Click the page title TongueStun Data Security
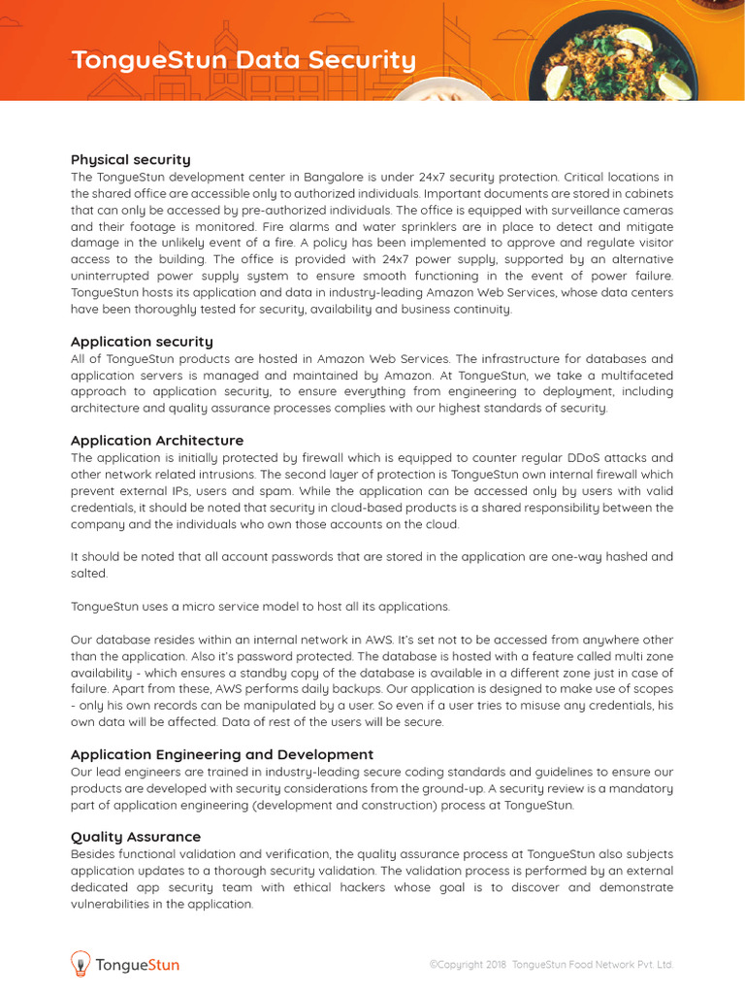pyautogui.click(x=243, y=60)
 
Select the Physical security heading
pyautogui.click(x=130, y=159)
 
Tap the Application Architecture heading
pyautogui.click(x=156, y=441)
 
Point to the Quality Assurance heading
pyautogui.click(x=136, y=837)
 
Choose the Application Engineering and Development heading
pyautogui.click(x=222, y=754)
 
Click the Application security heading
pyautogui.click(x=142, y=342)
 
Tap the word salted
pyautogui.click(x=90, y=574)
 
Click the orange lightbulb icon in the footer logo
pyautogui.click(x=81, y=963)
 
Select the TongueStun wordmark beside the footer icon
pyautogui.click(x=138, y=965)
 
